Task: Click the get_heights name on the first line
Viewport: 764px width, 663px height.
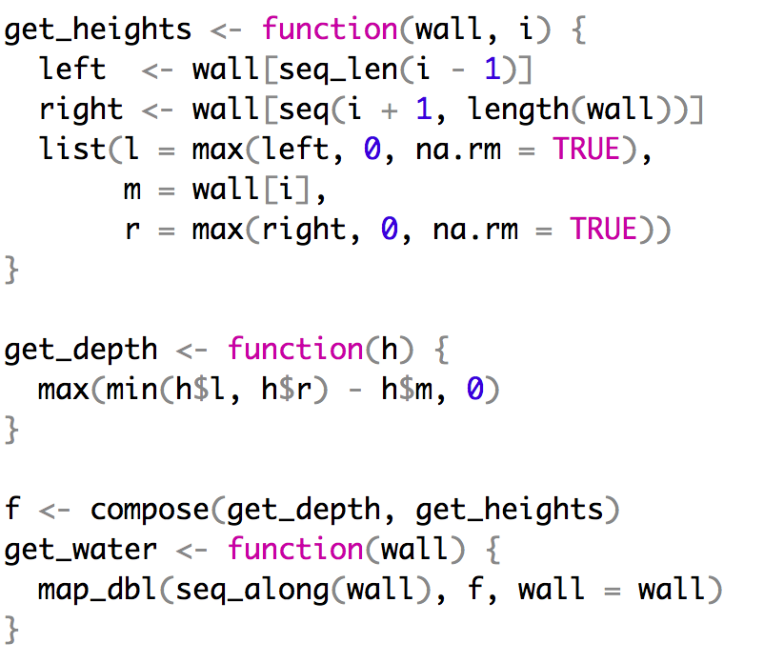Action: click(x=97, y=30)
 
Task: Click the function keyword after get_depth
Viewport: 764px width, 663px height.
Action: click(x=295, y=351)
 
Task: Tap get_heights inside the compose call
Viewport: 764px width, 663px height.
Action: click(x=510, y=511)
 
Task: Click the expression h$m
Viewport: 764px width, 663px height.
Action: click(x=401, y=391)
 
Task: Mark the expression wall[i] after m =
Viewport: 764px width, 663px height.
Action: click(x=252, y=191)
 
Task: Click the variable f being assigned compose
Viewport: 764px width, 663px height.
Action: click(x=11, y=511)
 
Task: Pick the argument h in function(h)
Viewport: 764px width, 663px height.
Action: click(x=390, y=351)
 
